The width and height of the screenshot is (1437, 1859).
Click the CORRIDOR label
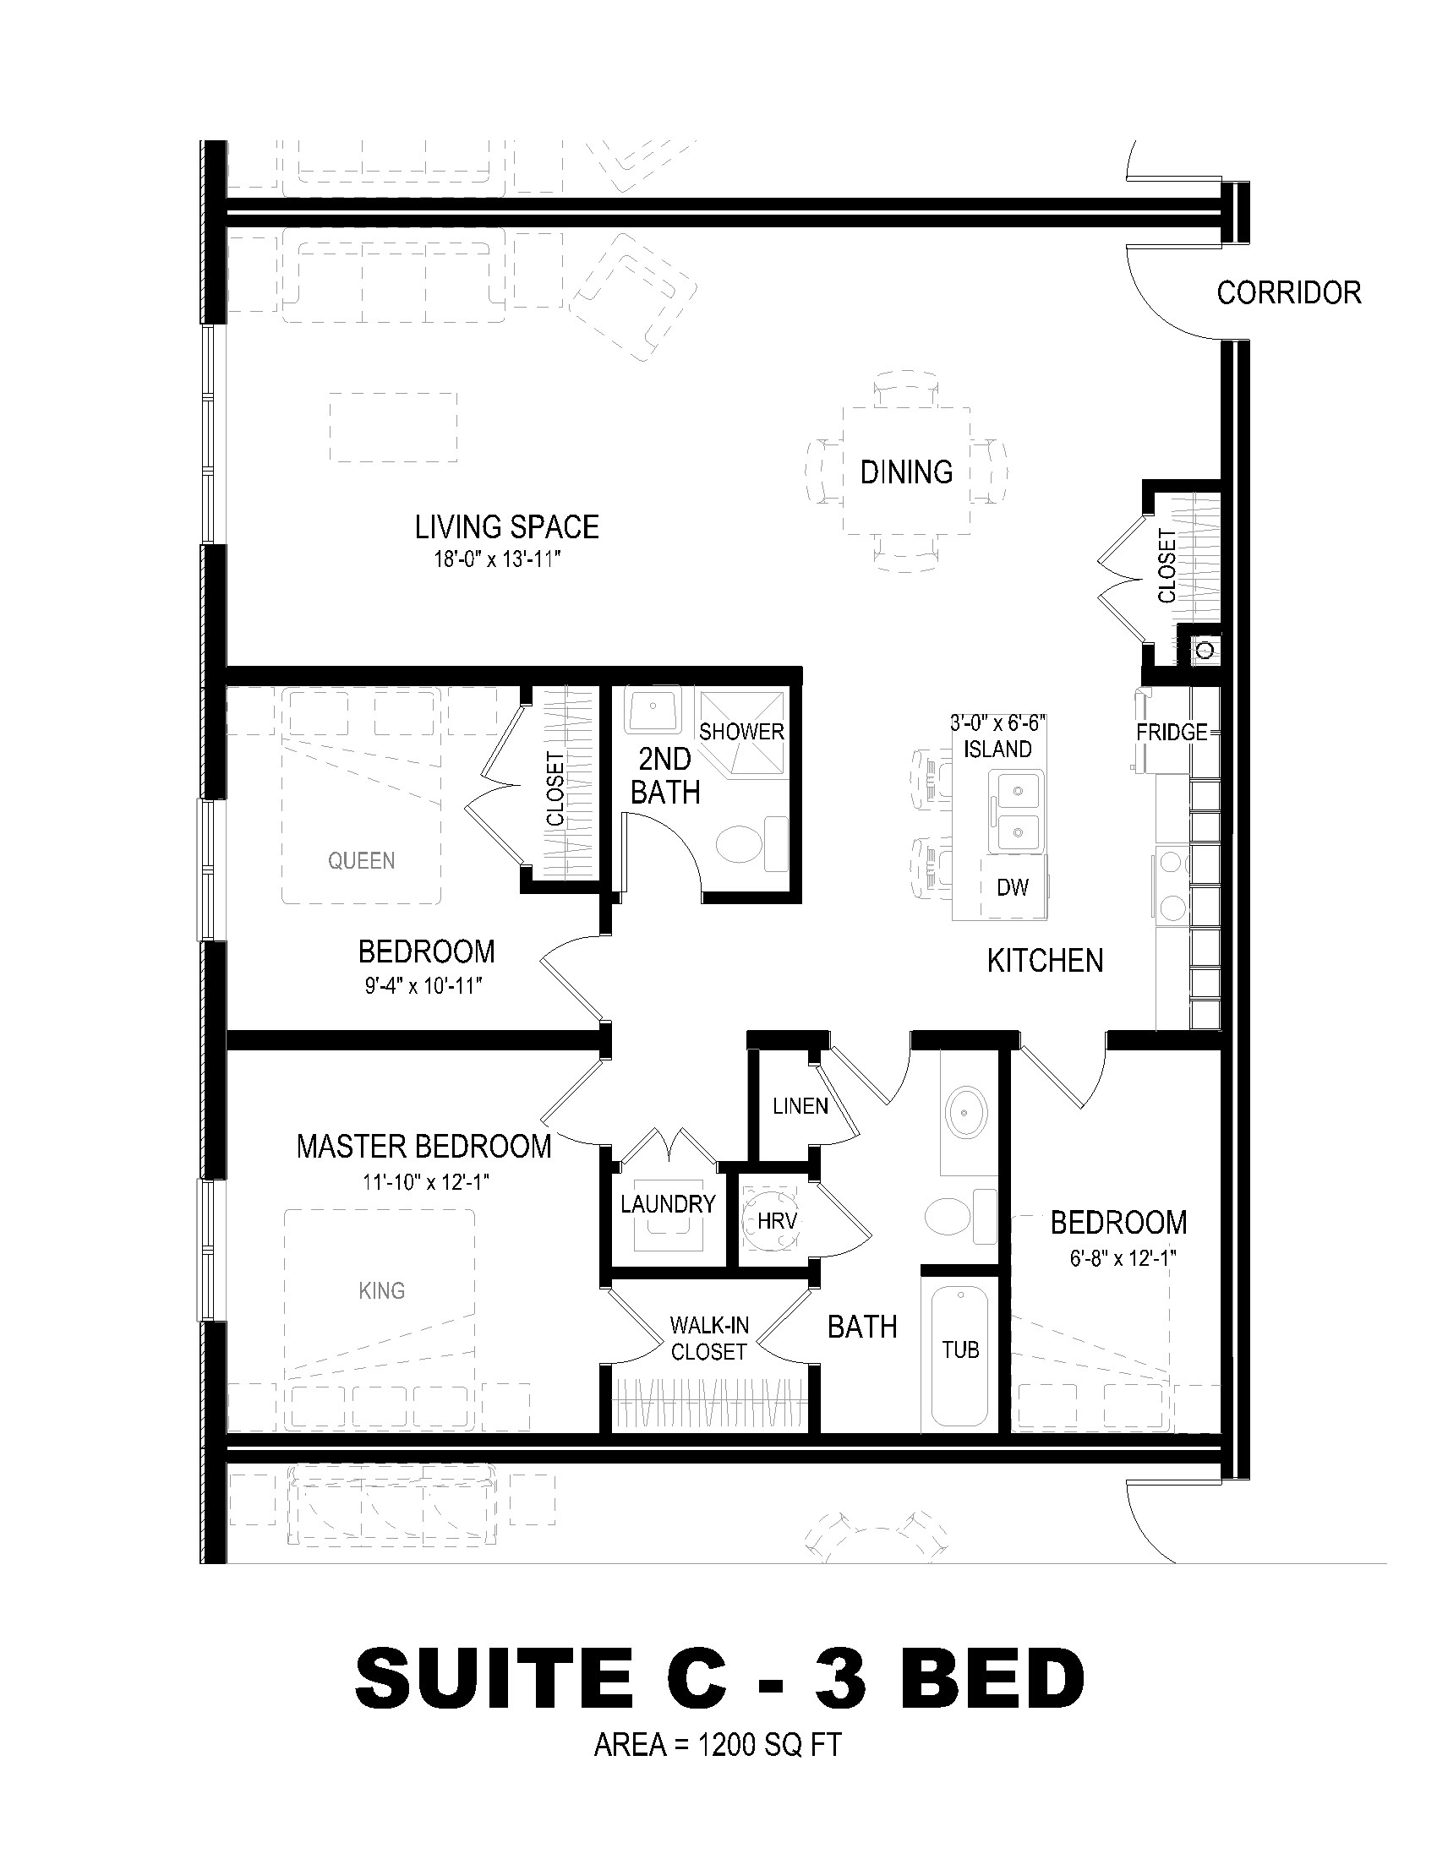coord(1289,293)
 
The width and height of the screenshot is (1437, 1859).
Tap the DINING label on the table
coord(907,472)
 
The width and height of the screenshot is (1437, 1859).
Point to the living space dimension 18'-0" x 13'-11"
coord(500,560)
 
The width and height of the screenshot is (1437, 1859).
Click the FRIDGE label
coord(1172,732)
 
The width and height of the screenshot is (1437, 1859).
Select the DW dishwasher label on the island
coord(1013,887)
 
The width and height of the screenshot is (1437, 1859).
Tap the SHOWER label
coord(741,731)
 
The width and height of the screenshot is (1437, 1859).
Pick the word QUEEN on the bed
coord(362,860)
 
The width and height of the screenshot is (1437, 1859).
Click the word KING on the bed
coord(381,1290)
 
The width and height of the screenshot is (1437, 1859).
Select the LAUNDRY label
coord(669,1203)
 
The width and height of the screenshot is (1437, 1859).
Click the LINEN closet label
coord(800,1106)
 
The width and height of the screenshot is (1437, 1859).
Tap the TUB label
coord(960,1349)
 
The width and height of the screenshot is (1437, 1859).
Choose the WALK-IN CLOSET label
coord(709,1338)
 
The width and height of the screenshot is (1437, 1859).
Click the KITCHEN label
coord(1046,961)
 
